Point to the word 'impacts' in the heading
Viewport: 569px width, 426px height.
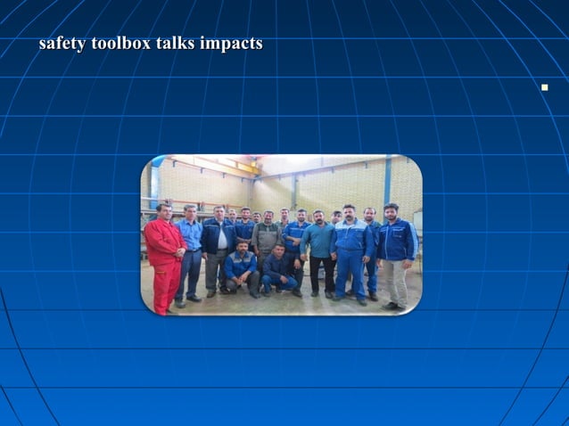coord(232,44)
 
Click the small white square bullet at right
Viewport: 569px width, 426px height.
coord(543,87)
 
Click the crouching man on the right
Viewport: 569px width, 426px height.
coord(280,271)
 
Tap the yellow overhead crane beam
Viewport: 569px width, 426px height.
coord(214,166)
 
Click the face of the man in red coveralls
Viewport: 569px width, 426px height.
coord(163,212)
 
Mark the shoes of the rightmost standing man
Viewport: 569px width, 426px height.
coord(392,307)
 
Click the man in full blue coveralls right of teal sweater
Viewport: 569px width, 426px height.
coord(350,254)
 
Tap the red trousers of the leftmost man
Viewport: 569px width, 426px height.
coord(165,287)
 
